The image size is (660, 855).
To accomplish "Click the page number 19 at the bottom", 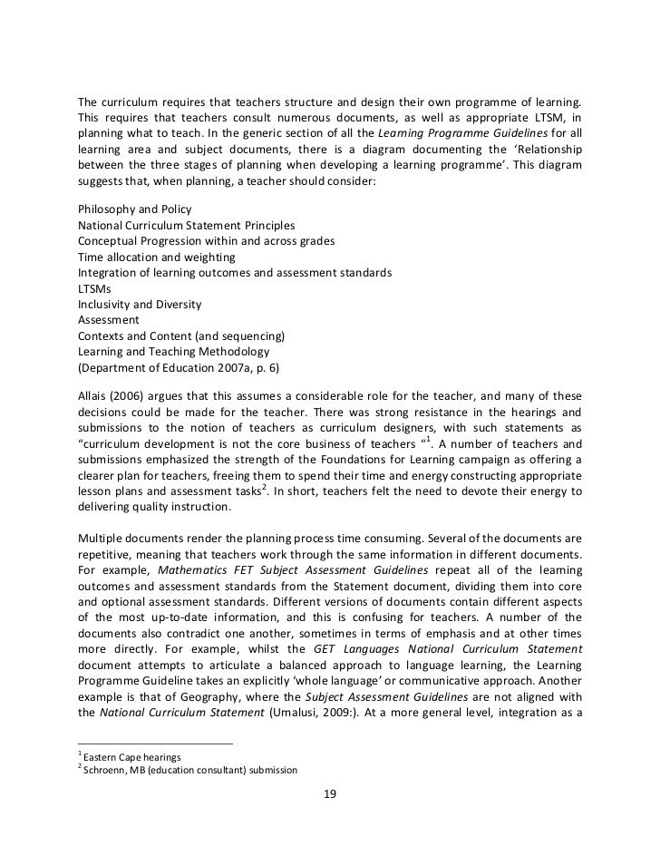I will click(x=330, y=795).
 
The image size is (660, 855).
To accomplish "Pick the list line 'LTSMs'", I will click(x=95, y=287).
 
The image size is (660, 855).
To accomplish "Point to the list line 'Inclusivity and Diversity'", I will click(x=140, y=304).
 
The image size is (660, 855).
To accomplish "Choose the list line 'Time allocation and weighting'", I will click(x=155, y=257).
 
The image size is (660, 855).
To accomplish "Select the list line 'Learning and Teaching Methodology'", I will click(x=173, y=351).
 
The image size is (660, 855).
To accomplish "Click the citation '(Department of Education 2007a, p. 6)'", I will click(x=180, y=367).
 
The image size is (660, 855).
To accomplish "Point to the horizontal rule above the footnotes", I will click(x=155, y=743).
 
